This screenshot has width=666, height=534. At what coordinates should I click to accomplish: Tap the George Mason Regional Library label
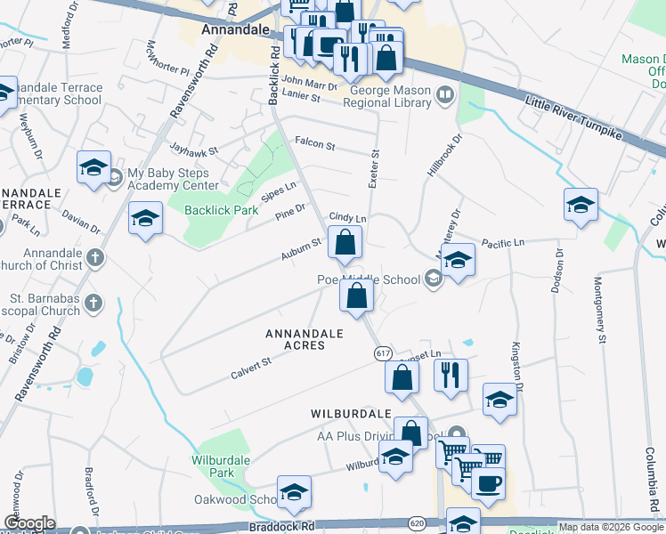[x=391, y=96]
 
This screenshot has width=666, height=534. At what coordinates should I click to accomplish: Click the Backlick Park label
[x=221, y=211]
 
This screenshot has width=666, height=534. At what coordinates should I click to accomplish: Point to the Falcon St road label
[x=314, y=142]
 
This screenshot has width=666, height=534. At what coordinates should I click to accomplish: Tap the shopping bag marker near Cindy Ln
[x=345, y=241]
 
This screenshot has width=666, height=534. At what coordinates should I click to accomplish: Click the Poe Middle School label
[x=369, y=279]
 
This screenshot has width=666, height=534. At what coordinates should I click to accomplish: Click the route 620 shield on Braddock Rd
[x=416, y=522]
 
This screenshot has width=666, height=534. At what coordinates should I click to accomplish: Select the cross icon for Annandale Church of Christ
[x=95, y=259]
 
